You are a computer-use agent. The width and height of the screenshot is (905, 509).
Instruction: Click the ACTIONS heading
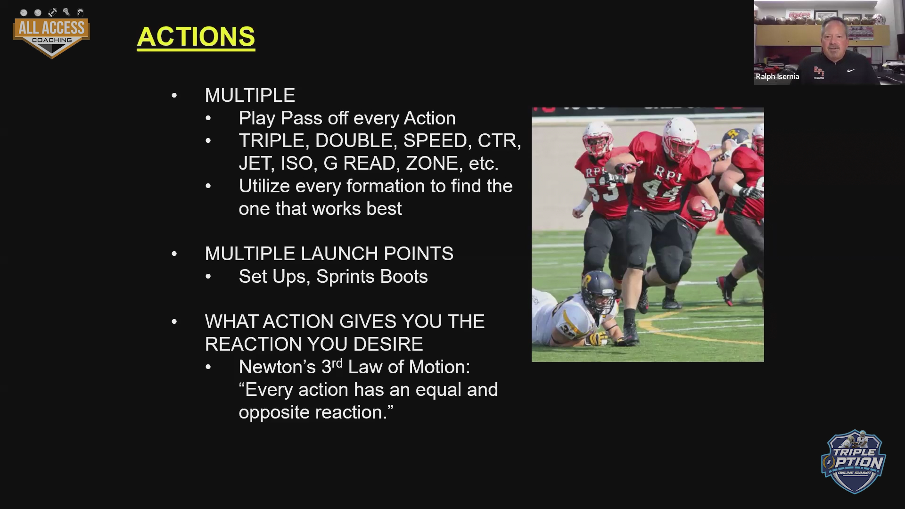click(x=196, y=37)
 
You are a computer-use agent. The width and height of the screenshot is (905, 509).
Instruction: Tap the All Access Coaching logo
click(x=51, y=33)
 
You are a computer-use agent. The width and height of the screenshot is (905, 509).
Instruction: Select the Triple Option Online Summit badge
click(x=854, y=461)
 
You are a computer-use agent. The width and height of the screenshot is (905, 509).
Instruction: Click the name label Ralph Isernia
click(x=777, y=76)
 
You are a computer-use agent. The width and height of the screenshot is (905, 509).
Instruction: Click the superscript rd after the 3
click(x=337, y=363)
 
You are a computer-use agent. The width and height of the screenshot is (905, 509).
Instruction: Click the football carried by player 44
click(x=701, y=207)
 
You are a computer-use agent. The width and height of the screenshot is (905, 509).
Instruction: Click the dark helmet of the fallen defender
click(x=597, y=291)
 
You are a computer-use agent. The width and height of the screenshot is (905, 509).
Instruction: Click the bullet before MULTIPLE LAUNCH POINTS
click(x=174, y=254)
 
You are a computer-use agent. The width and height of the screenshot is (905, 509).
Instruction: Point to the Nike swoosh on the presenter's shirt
click(x=851, y=71)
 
